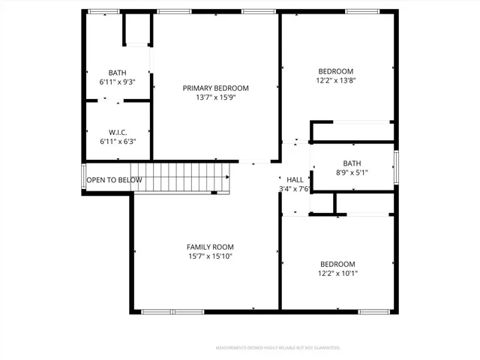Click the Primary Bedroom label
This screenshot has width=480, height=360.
coord(215,88)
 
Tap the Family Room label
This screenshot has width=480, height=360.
coord(210,247)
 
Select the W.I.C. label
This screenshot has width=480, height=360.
coord(118,132)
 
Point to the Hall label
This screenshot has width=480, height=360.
coord(295,180)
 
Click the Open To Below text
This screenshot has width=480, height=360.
coord(114,180)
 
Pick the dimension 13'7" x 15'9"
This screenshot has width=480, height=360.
coord(215,97)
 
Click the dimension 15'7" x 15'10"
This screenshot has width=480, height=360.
coord(210,256)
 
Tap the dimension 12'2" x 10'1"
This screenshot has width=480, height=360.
coord(337,274)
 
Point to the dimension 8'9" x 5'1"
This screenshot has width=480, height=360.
coord(352,172)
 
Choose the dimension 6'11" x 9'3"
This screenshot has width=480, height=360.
coord(117,81)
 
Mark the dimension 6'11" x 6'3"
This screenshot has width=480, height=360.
coord(118,141)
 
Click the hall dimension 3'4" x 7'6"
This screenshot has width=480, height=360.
coord(294,189)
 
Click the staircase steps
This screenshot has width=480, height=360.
coord(184,177)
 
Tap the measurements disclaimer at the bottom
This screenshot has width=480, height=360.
coord(277,348)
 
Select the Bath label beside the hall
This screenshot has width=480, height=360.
coord(352,163)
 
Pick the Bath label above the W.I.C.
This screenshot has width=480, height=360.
coord(117,72)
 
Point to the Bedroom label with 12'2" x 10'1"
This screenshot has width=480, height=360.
coord(337,264)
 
